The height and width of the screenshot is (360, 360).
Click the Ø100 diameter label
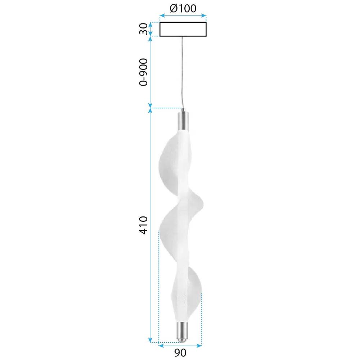coord(183,8)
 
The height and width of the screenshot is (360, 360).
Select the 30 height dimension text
coord(143,29)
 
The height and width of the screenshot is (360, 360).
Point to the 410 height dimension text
coord(143,225)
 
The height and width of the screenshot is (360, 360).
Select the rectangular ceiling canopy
coord(183,29)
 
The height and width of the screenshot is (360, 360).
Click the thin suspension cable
coord(184,72)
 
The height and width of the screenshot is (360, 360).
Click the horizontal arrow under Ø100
coord(183,16)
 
